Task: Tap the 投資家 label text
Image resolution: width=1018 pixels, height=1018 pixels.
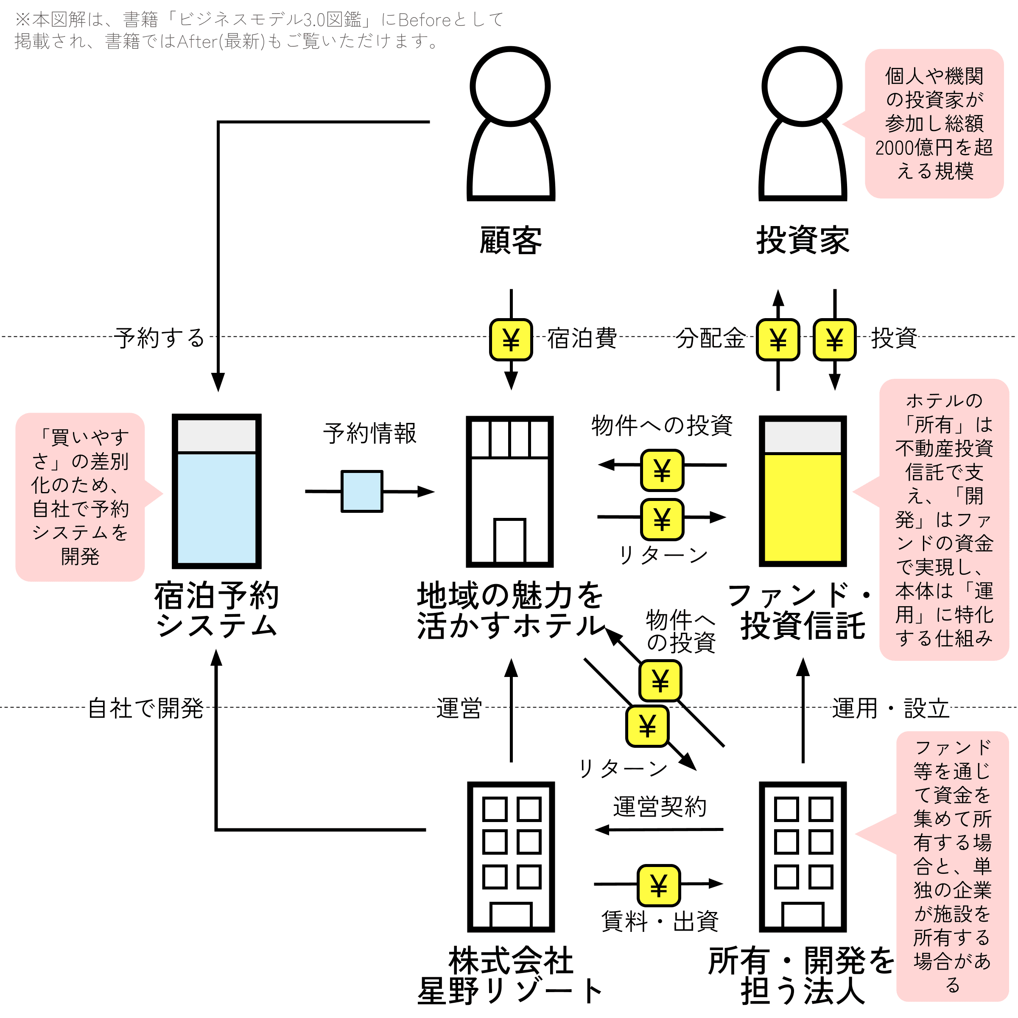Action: tap(803, 240)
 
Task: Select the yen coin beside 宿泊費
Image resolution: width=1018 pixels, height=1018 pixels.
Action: tap(511, 339)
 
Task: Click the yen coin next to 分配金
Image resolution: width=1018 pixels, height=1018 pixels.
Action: tap(778, 339)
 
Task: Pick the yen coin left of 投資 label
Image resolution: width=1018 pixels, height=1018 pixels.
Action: tap(835, 339)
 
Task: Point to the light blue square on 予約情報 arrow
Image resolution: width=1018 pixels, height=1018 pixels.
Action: tap(362, 491)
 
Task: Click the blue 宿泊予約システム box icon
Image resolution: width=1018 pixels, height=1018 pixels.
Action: tap(217, 491)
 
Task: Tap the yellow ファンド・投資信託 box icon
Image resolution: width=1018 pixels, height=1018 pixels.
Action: tap(803, 491)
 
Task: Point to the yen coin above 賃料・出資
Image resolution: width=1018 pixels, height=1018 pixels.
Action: tap(659, 885)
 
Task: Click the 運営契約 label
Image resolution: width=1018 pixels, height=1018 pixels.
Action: tap(660, 807)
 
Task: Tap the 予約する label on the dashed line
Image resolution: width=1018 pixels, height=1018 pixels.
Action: tap(159, 338)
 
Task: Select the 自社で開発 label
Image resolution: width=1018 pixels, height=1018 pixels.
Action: tap(145, 708)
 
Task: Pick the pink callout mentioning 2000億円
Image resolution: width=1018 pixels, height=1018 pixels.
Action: tap(933, 124)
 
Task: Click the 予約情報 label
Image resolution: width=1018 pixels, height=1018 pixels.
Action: tap(370, 433)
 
